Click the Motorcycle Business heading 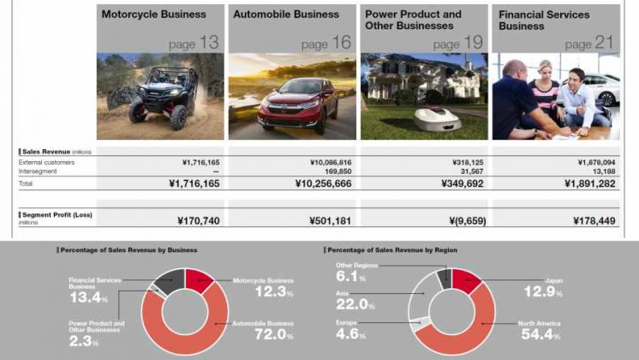(153, 15)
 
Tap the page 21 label (591, 43)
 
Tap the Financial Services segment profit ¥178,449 (591, 221)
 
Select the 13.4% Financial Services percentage (89, 298)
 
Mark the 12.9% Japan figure (542, 293)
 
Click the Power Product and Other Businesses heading (412, 20)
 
